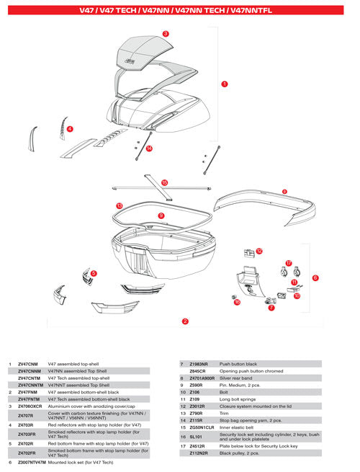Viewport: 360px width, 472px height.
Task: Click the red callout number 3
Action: pos(166,34)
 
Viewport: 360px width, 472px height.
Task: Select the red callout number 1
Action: pos(225,84)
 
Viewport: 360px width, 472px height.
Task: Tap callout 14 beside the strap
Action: pos(149,148)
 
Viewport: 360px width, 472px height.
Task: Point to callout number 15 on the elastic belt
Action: pos(165,183)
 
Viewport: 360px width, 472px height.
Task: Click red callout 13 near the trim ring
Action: pos(119,205)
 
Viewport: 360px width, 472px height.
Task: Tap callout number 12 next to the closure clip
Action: pos(259,251)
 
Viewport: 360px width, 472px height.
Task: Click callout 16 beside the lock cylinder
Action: pos(237,302)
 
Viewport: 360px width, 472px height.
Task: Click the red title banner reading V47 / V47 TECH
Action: pos(180,11)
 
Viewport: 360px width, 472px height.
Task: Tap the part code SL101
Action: pos(199,437)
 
